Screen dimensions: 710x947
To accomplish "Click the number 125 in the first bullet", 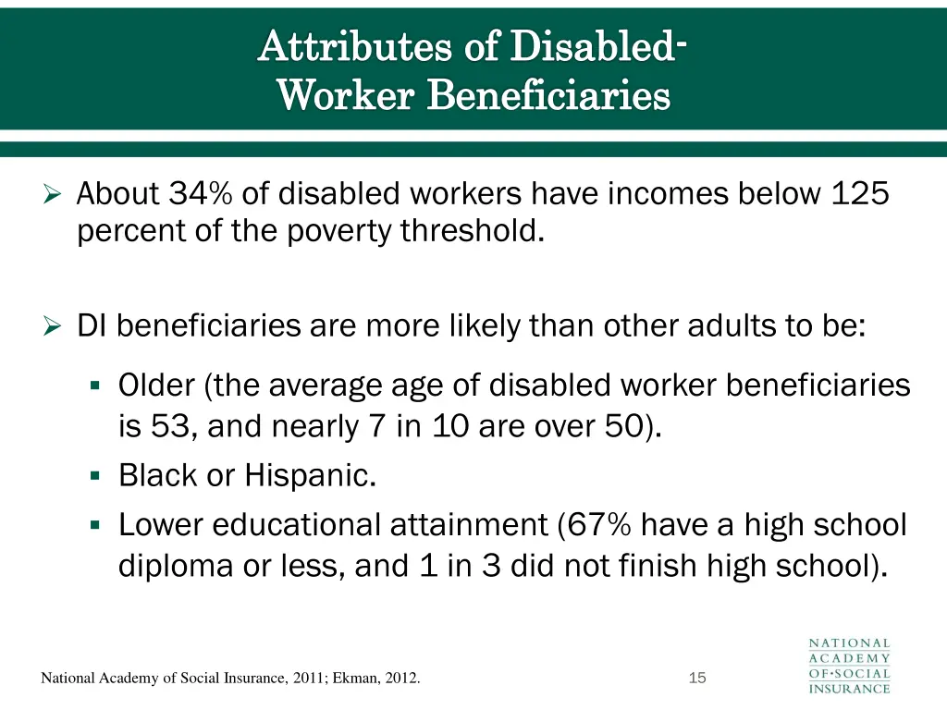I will (x=860, y=194).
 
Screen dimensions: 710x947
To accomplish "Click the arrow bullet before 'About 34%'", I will (x=53, y=195).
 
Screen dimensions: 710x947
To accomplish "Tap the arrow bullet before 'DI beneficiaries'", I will (x=53, y=326).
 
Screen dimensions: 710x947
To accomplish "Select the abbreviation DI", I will (x=92, y=326).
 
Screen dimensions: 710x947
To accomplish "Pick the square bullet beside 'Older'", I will (x=95, y=386).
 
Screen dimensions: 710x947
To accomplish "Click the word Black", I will (x=157, y=475).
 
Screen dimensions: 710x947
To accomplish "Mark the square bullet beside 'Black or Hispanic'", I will (x=95, y=475).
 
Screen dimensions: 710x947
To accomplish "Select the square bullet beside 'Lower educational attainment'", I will (x=95, y=525).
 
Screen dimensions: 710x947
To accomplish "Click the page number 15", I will (x=697, y=679).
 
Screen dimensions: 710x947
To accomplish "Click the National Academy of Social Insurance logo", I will (x=850, y=666).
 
